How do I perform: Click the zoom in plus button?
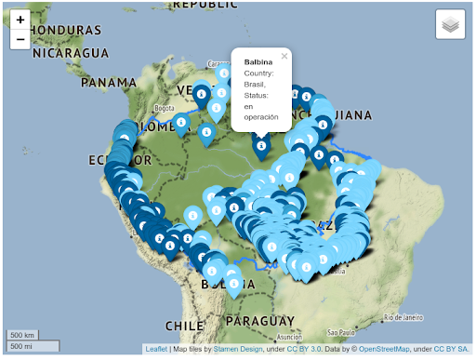pos(20,20)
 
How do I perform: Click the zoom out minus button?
pos(20,39)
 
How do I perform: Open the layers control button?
pos(450,25)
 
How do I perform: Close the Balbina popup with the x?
pos(284,56)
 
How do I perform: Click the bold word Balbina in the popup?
pos(258,62)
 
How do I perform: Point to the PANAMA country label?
pos(109,82)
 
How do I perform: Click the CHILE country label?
pos(184,326)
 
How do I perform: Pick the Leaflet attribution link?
pos(156,350)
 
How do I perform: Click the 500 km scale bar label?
pos(23,335)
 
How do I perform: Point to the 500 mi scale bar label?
pos(22,347)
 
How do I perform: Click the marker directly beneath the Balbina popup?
pos(262,144)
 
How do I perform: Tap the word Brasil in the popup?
pos(255,84)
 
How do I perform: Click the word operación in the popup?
pos(260,117)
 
